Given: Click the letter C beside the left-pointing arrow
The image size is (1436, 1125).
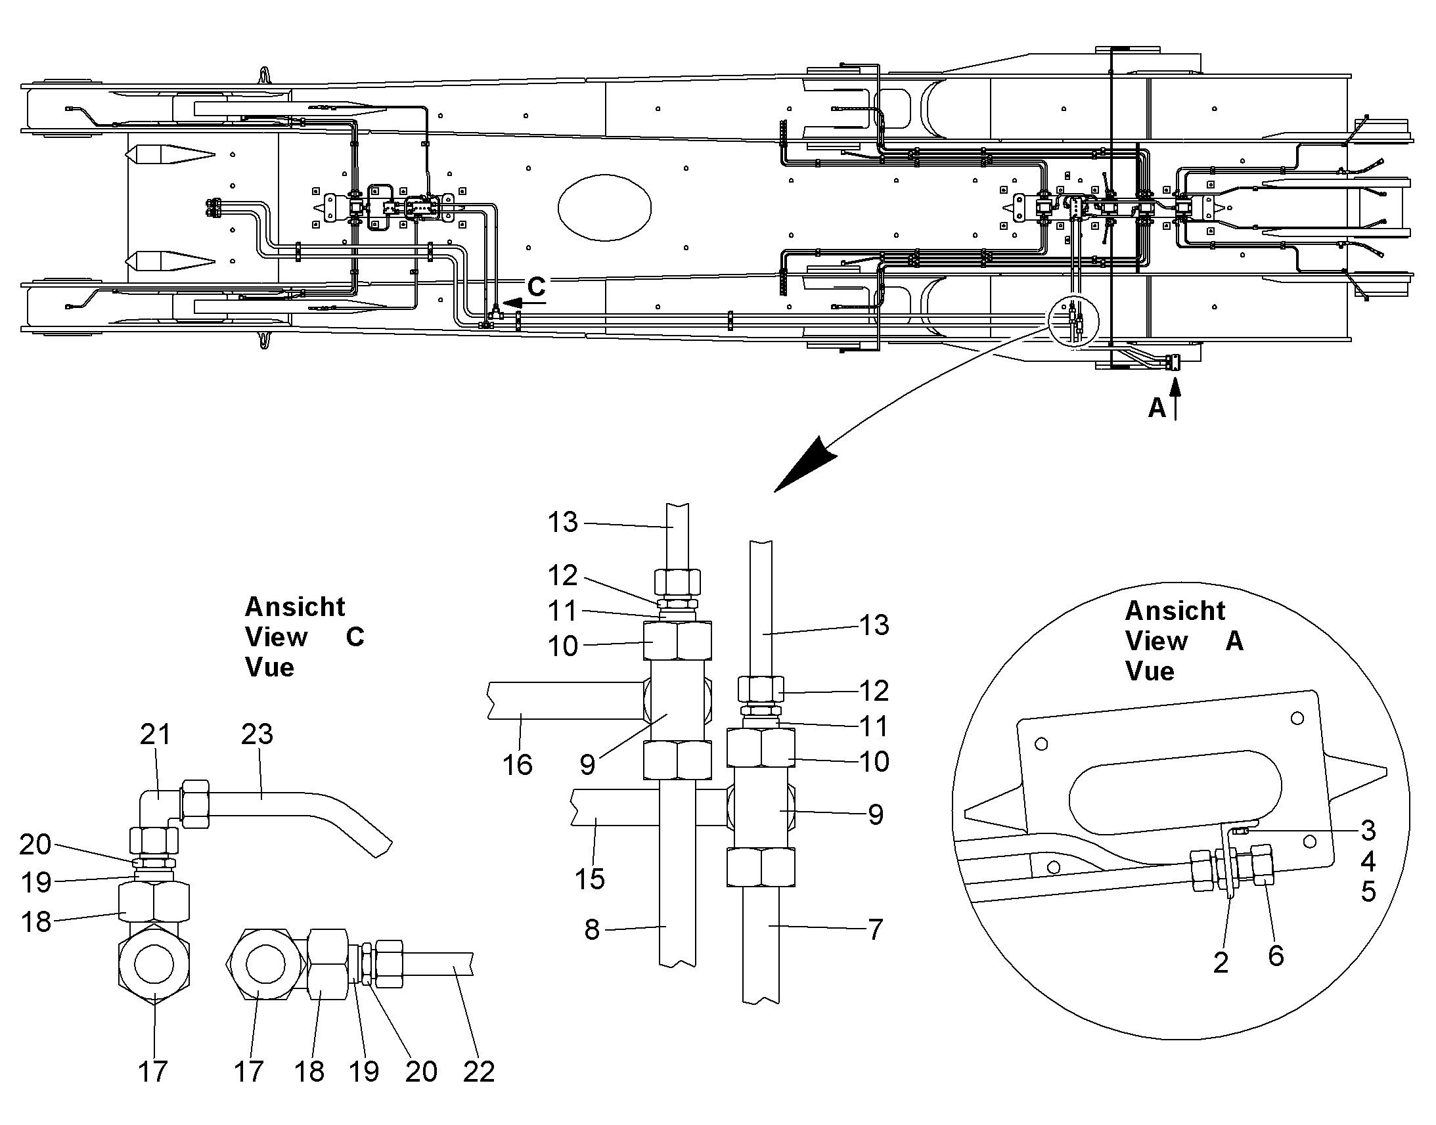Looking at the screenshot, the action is pyautogui.click(x=536, y=286).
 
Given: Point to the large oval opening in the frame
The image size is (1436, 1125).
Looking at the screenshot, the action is pyautogui.click(x=605, y=208).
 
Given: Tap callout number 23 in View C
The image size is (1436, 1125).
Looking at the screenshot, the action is pyautogui.click(x=257, y=734).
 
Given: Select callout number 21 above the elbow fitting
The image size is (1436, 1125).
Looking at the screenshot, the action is pyautogui.click(x=156, y=734).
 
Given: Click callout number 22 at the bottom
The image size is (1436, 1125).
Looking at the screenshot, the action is pyautogui.click(x=479, y=1072).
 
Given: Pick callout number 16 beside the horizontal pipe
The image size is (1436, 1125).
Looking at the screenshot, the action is pyautogui.click(x=517, y=764).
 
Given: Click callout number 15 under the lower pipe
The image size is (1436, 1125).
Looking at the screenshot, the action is pyautogui.click(x=589, y=879).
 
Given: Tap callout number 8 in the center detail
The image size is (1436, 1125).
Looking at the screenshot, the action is pyautogui.click(x=591, y=929).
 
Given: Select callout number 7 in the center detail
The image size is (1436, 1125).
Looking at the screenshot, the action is pyautogui.click(x=875, y=929).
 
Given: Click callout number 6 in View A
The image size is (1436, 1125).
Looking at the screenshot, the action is pyautogui.click(x=1276, y=955).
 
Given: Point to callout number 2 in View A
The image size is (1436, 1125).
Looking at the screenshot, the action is pyautogui.click(x=1221, y=962).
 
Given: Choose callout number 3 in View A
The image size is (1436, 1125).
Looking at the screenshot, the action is pyautogui.click(x=1368, y=831).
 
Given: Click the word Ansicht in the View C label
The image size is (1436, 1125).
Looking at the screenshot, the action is pyautogui.click(x=295, y=607).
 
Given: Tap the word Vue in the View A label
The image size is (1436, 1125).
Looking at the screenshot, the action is pyautogui.click(x=1150, y=671).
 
